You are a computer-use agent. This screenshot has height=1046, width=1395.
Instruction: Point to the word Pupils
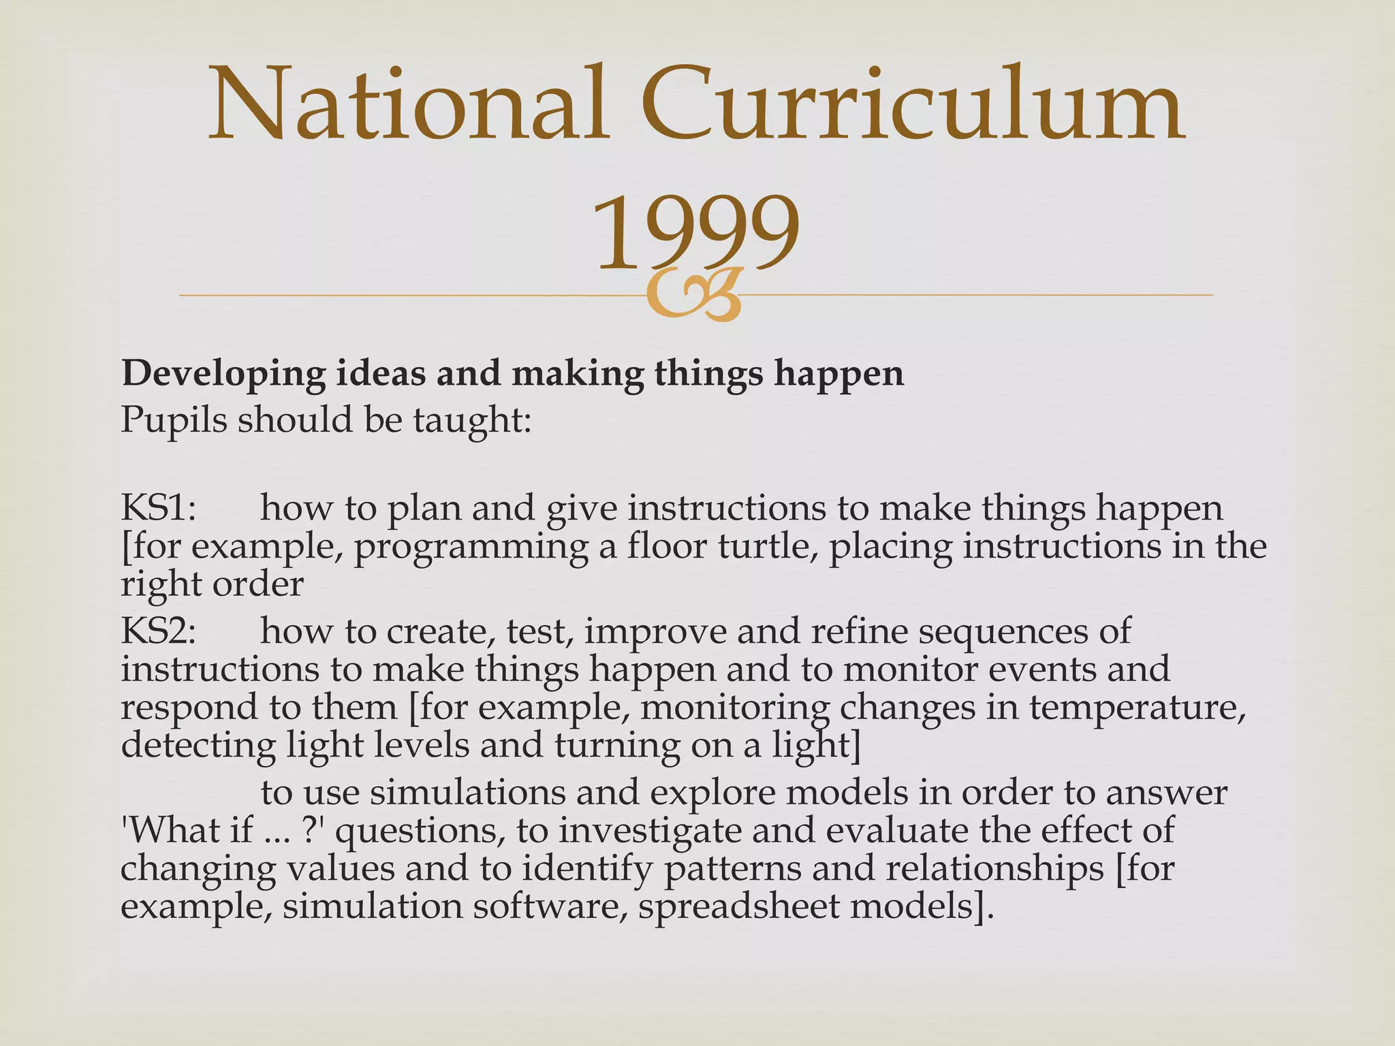pos(174,420)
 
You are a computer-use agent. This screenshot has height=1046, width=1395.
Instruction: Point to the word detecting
pos(198,746)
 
